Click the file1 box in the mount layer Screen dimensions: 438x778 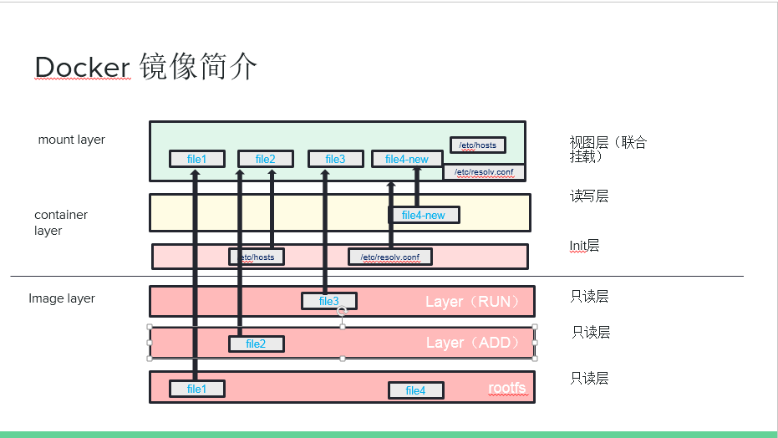pos(196,159)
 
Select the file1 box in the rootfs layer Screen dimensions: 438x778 pos(196,389)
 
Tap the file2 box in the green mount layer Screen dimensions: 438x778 pos(265,159)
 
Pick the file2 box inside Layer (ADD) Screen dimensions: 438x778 pos(256,344)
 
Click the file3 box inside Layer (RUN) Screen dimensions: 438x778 pos(329,301)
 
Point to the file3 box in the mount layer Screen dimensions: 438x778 pos(335,159)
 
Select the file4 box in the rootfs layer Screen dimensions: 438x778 pos(415,390)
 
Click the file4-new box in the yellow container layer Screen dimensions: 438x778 pos(424,215)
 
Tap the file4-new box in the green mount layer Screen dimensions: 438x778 pos(407,159)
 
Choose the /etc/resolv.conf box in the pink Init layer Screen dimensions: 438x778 pos(390,257)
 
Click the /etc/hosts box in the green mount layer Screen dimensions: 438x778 pos(477,145)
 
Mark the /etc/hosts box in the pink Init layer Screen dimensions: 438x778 pos(257,257)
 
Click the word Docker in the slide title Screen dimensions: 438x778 pos(83,68)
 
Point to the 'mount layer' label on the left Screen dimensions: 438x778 pos(72,140)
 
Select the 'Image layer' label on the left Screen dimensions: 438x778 pos(62,298)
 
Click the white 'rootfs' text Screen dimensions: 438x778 pos(507,389)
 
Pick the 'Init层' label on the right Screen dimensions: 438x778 pos(584,246)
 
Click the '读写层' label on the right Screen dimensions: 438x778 pos(588,196)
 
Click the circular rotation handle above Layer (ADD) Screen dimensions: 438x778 pos(342,311)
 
